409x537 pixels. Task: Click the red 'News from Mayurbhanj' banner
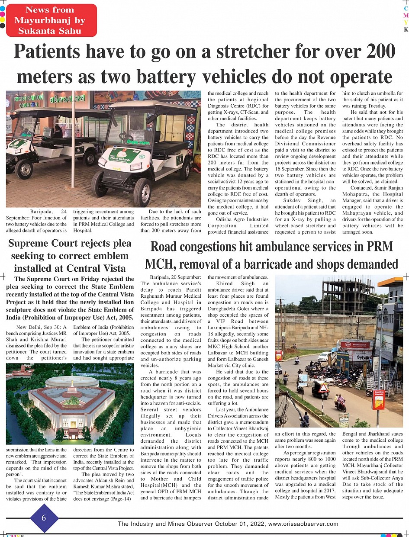click(x=50, y=20)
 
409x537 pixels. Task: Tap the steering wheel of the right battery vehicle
click(x=126, y=136)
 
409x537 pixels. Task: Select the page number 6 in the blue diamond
click(x=44, y=518)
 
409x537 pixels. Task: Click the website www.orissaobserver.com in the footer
click(x=303, y=524)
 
